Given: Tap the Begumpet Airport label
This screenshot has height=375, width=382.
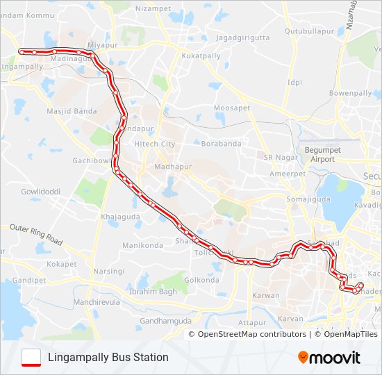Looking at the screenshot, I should [319, 154].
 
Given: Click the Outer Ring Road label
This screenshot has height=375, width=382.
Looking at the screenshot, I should [35, 235].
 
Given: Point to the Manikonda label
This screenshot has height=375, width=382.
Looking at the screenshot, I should [142, 246].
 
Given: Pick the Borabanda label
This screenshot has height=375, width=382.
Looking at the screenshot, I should [220, 144].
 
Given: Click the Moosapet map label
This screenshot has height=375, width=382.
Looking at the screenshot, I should [231, 108].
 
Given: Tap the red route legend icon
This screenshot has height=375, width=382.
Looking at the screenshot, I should [31, 357].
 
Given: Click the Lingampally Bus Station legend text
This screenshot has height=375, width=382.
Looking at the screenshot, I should [108, 358].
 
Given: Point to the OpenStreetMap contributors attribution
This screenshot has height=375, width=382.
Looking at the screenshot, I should [251, 334].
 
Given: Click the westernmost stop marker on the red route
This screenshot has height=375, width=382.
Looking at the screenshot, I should [21, 51].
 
